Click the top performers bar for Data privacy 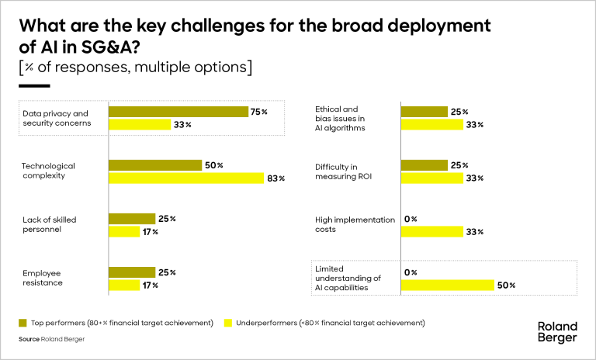pyautogui.click(x=178, y=112)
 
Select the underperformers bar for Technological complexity pyautogui.click(x=186, y=178)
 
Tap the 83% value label pyautogui.click(x=276, y=178)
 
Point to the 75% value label pyautogui.click(x=259, y=112)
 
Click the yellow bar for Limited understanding pyautogui.click(x=448, y=285)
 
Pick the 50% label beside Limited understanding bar pyautogui.click(x=507, y=285)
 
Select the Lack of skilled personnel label pyautogui.click(x=50, y=225)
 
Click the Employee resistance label pyautogui.click(x=43, y=278)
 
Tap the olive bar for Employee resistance pyautogui.click(x=132, y=272)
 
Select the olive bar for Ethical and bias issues pyautogui.click(x=424, y=112)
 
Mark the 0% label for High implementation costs pyautogui.click(x=411, y=220)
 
